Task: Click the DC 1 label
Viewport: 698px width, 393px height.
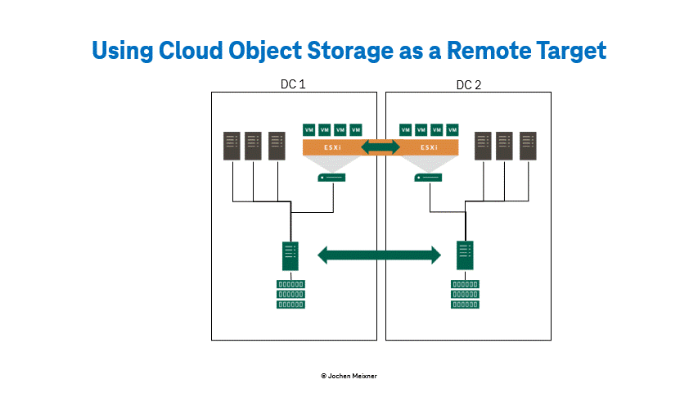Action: point(293,84)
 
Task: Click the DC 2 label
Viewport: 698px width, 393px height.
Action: point(469,85)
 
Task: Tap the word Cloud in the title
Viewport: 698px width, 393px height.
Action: point(191,50)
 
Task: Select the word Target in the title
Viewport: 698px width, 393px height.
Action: point(571,51)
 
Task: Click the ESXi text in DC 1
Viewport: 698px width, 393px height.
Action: point(332,147)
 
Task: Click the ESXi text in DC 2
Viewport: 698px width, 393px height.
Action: point(429,147)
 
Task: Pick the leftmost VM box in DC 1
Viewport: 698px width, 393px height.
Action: point(309,129)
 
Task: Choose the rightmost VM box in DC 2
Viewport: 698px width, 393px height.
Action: point(453,129)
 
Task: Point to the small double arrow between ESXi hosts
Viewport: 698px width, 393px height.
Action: point(381,147)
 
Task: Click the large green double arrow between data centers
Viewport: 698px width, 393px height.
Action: point(379,255)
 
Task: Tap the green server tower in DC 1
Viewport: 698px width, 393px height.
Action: point(290,255)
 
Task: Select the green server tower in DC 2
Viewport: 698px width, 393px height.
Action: point(465,255)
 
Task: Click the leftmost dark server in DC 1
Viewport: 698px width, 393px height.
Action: point(232,146)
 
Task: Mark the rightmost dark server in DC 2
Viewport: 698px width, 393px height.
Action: point(528,146)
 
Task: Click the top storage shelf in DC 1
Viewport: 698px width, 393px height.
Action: point(290,284)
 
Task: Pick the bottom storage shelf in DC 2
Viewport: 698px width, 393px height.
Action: point(465,305)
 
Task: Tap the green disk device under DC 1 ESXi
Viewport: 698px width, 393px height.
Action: point(331,178)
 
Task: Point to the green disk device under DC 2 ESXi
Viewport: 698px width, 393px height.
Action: point(428,178)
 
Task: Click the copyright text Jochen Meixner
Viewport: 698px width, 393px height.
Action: point(349,376)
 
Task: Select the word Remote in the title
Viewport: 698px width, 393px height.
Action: point(489,50)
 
